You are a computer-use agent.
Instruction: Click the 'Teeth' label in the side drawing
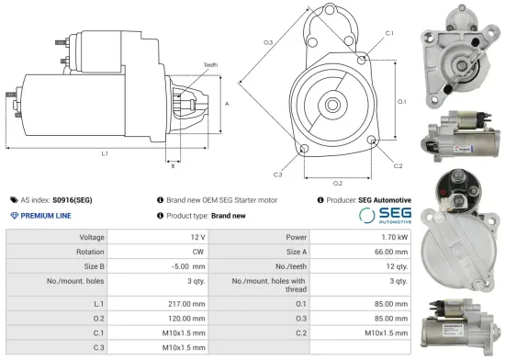[210, 65]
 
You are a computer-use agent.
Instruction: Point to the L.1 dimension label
[105, 152]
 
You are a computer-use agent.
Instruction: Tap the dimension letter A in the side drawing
[227, 104]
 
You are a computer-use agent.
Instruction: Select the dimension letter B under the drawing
[172, 165]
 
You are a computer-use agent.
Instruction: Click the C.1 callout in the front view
[389, 33]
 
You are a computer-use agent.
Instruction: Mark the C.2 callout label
[398, 166]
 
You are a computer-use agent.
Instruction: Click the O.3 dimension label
[267, 43]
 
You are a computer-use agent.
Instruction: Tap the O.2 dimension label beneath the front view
[338, 183]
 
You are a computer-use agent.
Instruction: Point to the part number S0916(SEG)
[73, 199]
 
